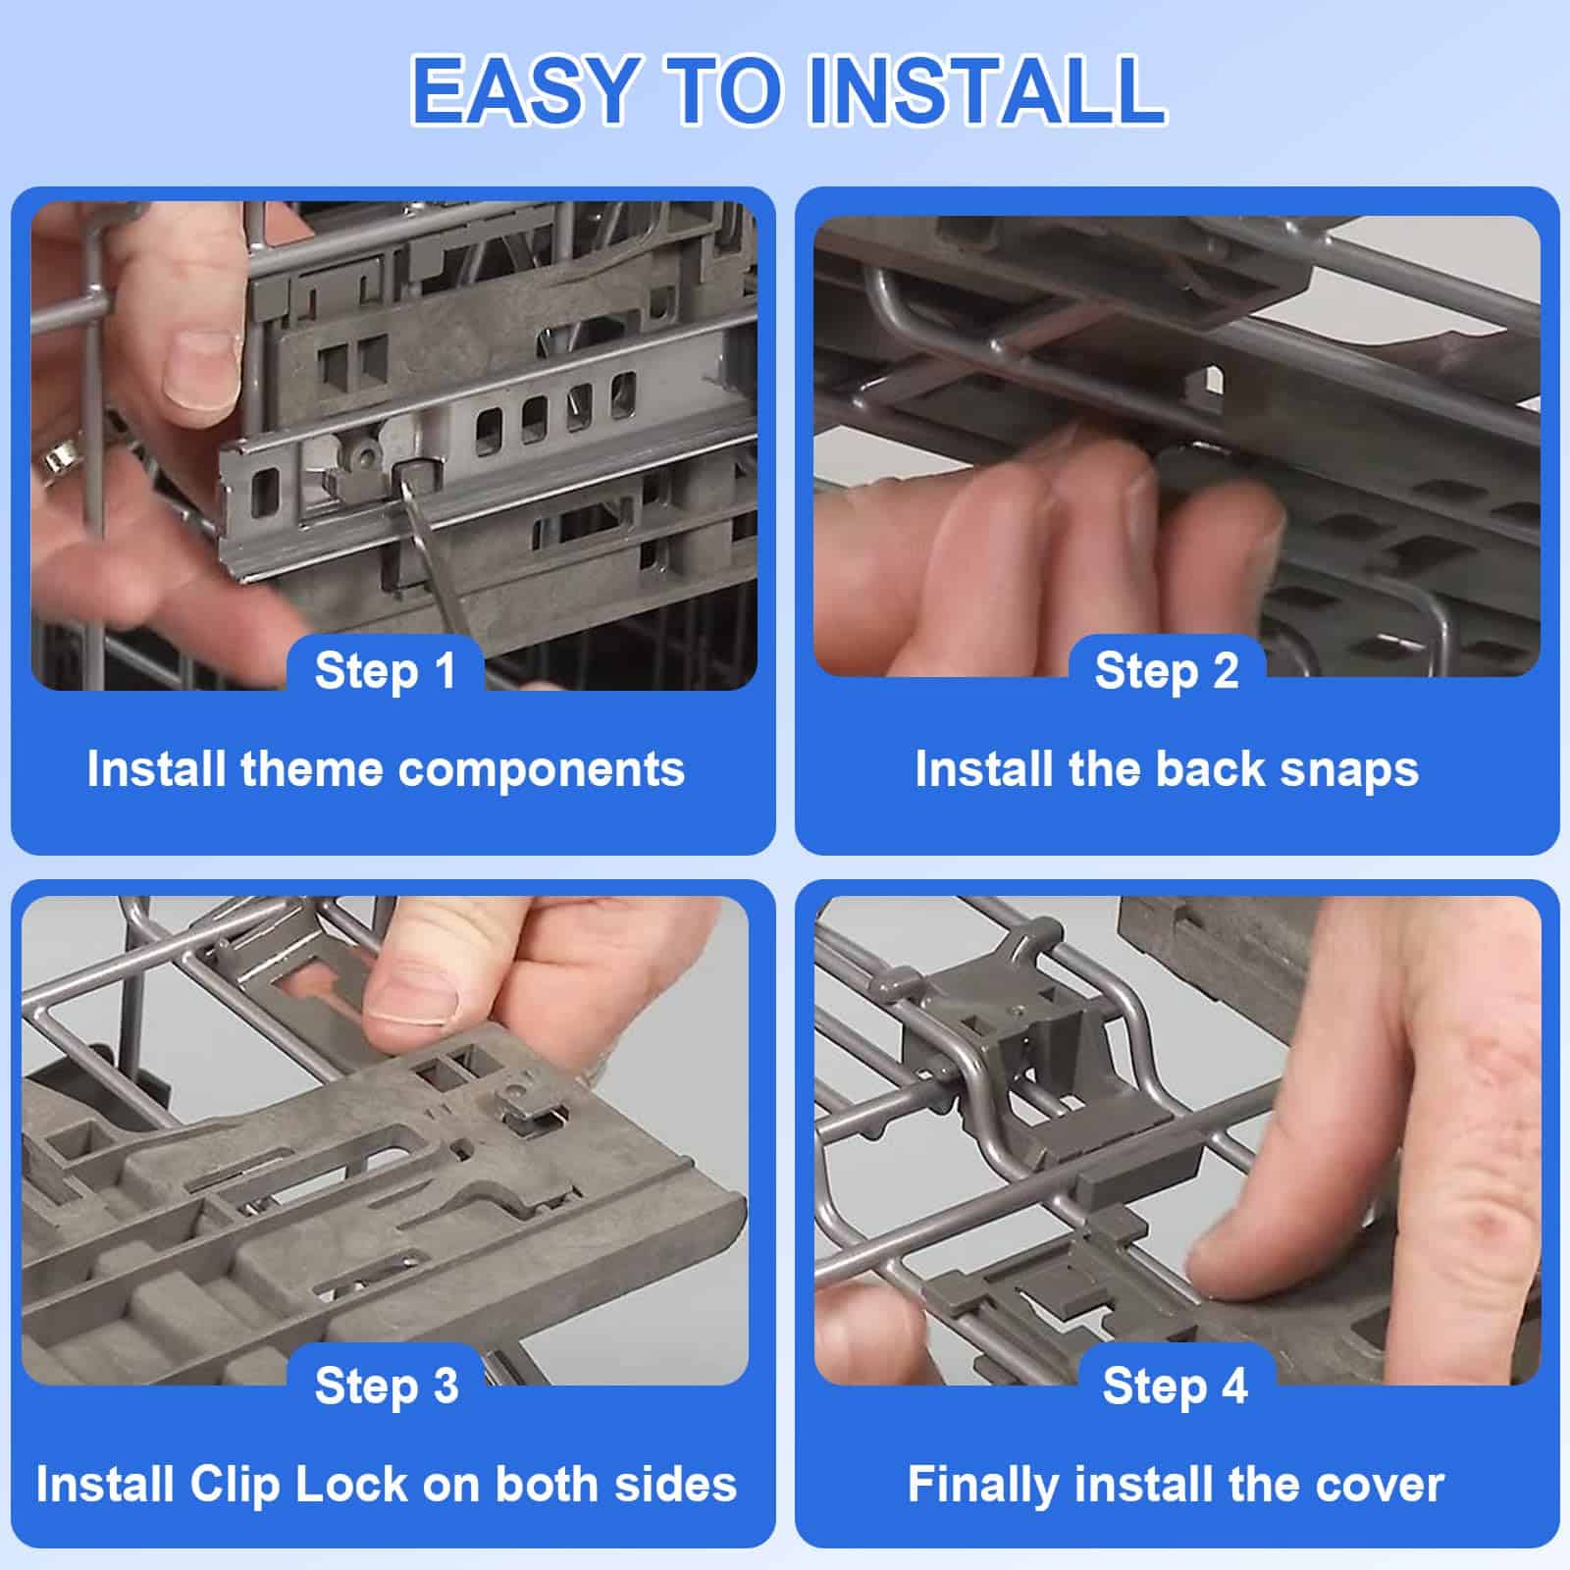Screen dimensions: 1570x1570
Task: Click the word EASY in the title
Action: [x=526, y=89]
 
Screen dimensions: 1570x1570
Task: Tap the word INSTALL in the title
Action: [x=986, y=89]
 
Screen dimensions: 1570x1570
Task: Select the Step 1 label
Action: [x=386, y=671]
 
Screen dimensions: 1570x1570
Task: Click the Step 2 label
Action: [x=1167, y=671]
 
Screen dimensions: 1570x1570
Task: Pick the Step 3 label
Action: [x=387, y=1386]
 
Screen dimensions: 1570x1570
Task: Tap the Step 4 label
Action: [x=1175, y=1386]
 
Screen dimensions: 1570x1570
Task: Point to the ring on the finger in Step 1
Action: [x=57, y=458]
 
